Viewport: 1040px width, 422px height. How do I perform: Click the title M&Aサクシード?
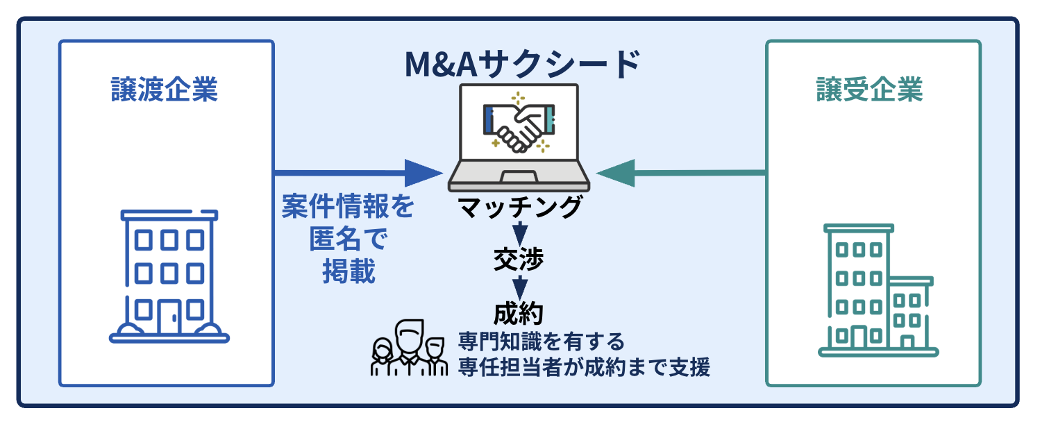pyautogui.click(x=521, y=65)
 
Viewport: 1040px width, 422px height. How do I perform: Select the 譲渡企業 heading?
pyautogui.click(x=165, y=90)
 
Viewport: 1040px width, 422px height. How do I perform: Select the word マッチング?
pyautogui.click(x=519, y=208)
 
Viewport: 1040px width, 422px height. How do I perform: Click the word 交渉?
pyautogui.click(x=519, y=259)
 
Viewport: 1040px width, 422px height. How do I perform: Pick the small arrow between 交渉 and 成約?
pyautogui.click(x=519, y=286)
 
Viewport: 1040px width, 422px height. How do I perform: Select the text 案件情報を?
pyautogui.click(x=347, y=207)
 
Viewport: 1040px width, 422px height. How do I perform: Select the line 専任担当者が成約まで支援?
pyautogui.click(x=584, y=368)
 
